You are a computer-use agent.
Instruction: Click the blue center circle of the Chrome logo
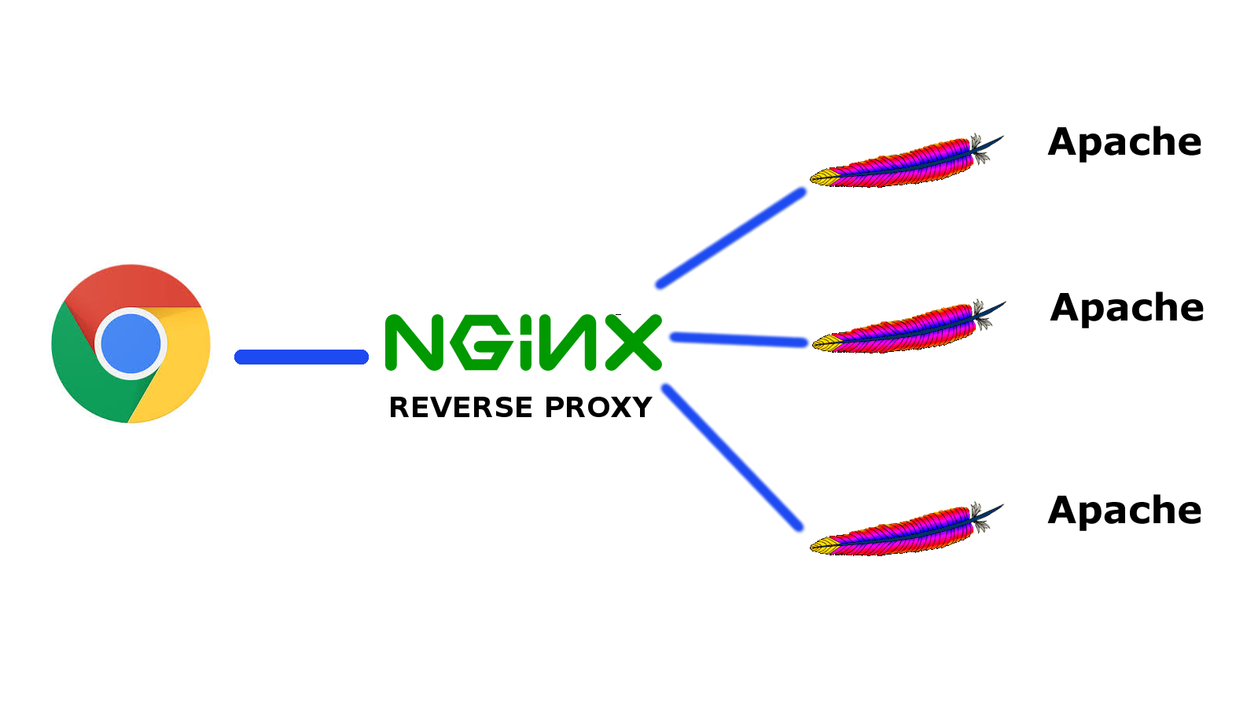tap(131, 343)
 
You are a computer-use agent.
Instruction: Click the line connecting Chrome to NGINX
tap(301, 357)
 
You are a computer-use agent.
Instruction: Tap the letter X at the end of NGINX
tap(634, 343)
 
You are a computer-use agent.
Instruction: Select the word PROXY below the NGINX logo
tap(598, 408)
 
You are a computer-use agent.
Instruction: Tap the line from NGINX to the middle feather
tap(739, 340)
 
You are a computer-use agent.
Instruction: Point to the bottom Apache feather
tap(904, 532)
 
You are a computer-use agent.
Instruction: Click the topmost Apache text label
tap(1124, 143)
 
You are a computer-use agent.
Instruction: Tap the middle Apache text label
tap(1127, 308)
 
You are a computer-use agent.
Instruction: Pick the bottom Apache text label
tap(1124, 511)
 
